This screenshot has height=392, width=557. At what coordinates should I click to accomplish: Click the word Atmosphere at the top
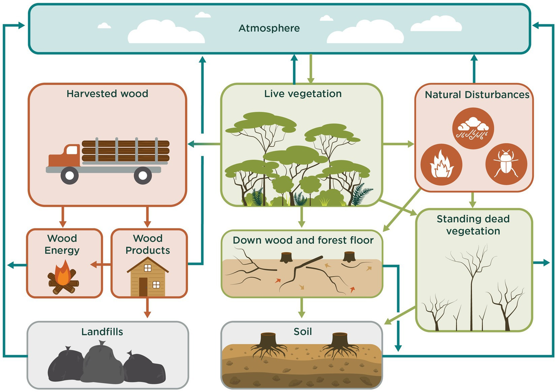click(x=269, y=28)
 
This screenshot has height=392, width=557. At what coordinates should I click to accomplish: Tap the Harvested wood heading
click(x=107, y=94)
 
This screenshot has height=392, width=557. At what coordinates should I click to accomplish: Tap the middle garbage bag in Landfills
click(x=103, y=365)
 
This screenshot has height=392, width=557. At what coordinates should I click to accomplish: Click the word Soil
click(x=303, y=332)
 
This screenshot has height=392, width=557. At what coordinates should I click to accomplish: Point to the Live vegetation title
click(x=303, y=94)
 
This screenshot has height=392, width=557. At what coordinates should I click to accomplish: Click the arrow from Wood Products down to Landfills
click(x=148, y=308)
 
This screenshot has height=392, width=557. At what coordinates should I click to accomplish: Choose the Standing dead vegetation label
click(x=473, y=224)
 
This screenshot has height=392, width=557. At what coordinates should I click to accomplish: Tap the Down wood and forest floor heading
click(x=302, y=241)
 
